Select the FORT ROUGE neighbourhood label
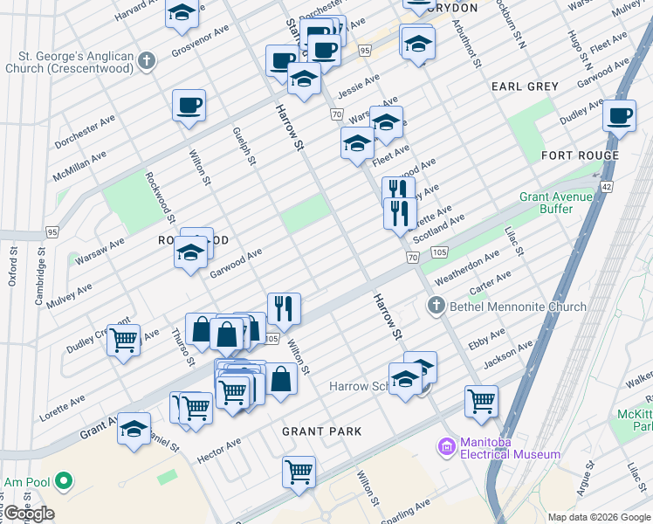point(580,155)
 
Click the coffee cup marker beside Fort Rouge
point(620,115)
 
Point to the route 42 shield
point(607,186)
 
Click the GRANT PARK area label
point(321,431)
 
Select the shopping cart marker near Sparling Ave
point(299,472)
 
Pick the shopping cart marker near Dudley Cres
point(123,340)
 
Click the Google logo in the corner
point(29,514)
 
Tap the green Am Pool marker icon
point(63,480)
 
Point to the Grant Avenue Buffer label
point(558,203)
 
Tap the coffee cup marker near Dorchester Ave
point(189,107)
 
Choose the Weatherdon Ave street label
point(467,263)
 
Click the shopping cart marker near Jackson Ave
point(481,402)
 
